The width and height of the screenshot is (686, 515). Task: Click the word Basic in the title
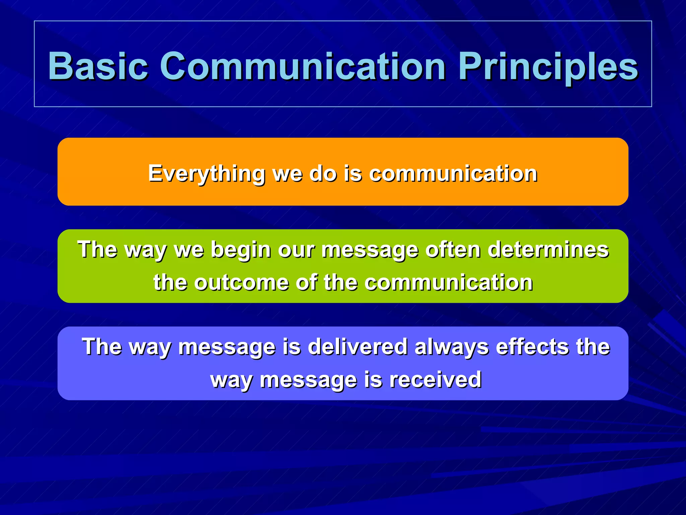[98, 66]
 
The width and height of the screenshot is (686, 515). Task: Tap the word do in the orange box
[323, 174]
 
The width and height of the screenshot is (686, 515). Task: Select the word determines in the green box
[548, 250]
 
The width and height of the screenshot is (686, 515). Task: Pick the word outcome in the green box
[241, 282]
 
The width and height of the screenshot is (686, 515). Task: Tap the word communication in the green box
[449, 282]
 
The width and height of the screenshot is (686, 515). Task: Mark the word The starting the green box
[97, 250]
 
